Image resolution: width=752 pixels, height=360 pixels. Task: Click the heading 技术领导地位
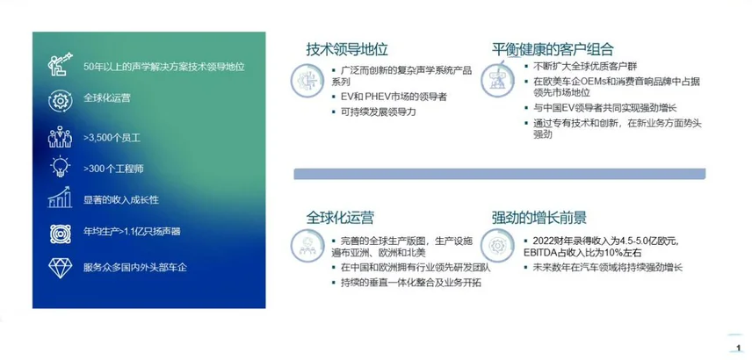347,49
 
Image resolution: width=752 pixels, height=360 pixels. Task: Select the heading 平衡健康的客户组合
553,49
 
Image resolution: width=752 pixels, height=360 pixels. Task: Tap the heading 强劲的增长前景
539,218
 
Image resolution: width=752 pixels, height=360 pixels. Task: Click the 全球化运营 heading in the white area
340,218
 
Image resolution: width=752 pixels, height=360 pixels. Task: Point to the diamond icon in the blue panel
60,268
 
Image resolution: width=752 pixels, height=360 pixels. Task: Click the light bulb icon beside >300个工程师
61,168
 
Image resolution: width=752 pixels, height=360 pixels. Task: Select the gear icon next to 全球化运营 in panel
61,101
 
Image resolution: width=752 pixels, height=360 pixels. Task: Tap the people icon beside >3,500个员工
60,137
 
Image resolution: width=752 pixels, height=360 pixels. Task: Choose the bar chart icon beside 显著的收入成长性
60,198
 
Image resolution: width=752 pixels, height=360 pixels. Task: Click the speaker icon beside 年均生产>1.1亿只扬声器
61,234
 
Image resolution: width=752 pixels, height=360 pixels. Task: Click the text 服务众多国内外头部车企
134,268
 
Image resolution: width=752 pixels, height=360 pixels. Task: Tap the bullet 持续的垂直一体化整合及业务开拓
407,283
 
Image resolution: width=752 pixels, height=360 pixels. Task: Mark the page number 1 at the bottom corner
739,348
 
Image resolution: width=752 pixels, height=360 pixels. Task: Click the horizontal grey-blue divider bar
499,174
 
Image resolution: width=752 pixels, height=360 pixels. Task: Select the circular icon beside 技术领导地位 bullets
306,81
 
